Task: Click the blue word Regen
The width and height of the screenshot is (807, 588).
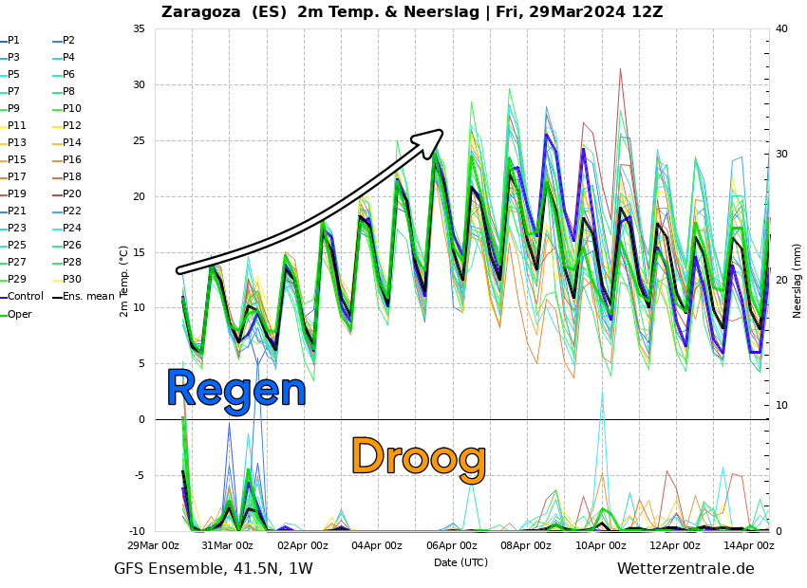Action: pos(235,390)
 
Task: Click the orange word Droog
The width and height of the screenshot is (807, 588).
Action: pos(418,458)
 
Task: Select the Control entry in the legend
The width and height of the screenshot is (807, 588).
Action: pos(25,296)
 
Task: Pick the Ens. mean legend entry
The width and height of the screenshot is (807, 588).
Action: pos(88,296)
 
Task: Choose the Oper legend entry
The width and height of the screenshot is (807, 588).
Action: pos(19,314)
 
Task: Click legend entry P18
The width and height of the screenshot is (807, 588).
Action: pos(72,176)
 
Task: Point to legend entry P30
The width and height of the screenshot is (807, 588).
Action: pos(72,279)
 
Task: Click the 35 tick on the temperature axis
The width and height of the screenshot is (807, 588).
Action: pos(139,29)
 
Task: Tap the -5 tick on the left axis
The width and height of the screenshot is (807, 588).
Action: pos(139,476)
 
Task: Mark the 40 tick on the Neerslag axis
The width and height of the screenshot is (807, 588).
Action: pos(781,29)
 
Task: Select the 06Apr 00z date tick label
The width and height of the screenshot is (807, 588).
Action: pos(451,545)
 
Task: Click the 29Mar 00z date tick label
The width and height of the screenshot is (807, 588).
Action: pos(153,545)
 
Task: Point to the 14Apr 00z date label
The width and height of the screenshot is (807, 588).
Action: pos(749,545)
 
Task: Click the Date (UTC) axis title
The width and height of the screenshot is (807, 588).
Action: pos(460,562)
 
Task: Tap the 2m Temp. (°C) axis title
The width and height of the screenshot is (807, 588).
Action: pos(124,281)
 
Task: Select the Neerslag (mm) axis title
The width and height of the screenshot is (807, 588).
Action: pos(798,281)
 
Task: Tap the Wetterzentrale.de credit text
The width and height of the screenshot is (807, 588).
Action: pos(685,569)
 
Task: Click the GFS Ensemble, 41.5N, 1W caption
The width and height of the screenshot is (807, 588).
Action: pos(213,569)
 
